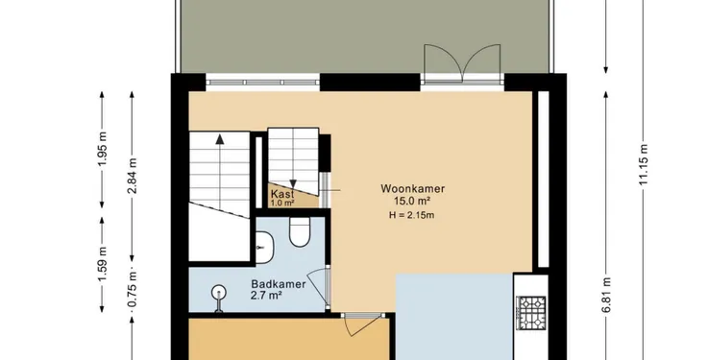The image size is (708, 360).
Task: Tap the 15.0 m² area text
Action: point(412,202)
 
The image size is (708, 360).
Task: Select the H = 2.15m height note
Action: point(411,215)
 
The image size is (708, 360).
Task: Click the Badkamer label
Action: point(279,284)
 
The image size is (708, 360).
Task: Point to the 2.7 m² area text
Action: point(266,296)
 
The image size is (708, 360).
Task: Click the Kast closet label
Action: point(282,194)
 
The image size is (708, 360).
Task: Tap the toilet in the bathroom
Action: point(300,232)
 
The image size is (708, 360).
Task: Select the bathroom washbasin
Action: point(264,248)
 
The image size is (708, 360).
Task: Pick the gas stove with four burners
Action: point(531,313)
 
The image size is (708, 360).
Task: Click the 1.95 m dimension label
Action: point(103,149)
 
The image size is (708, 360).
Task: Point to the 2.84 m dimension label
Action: point(132,176)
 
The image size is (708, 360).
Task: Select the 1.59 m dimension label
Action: point(103,264)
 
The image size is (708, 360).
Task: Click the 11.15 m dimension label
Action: point(644,164)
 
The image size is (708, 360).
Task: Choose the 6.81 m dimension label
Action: point(606,295)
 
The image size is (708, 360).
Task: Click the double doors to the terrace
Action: point(462,63)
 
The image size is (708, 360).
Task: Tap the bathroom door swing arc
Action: point(316,286)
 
